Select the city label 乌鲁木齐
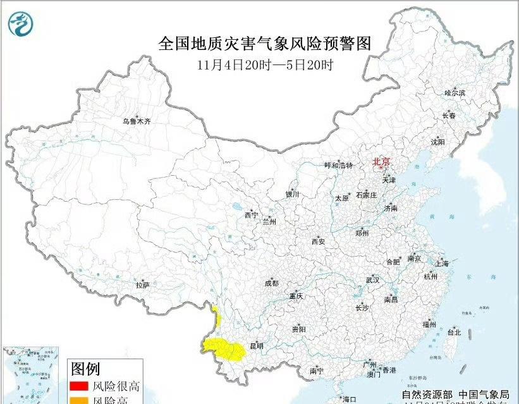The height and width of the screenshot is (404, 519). (137, 121)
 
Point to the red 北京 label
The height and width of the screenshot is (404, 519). (382, 161)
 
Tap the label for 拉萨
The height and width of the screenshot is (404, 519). (142, 285)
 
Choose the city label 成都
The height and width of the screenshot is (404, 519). (271, 283)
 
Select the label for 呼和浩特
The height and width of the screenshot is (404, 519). (338, 165)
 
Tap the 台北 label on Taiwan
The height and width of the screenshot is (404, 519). (454, 331)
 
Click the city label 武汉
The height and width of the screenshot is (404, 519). (372, 279)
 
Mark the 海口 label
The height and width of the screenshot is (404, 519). (350, 399)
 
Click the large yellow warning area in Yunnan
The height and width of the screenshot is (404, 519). (224, 347)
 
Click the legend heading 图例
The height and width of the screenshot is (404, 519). (85, 368)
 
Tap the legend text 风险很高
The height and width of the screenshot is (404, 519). (116, 386)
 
